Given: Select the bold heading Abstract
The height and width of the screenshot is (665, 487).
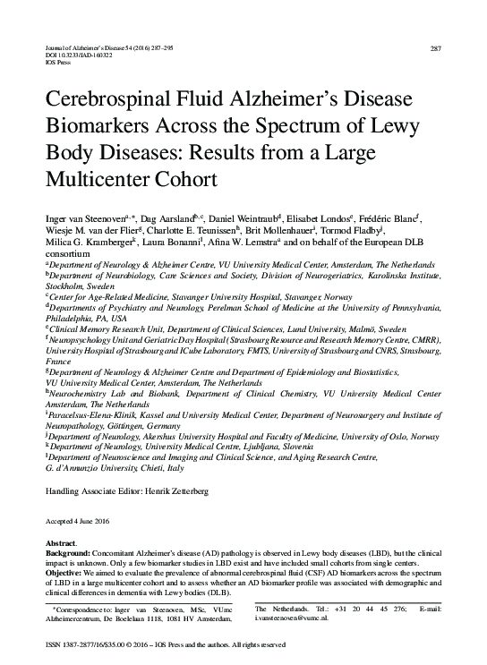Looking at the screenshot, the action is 62,544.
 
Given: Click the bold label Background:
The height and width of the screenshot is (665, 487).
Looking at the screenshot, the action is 72,555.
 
